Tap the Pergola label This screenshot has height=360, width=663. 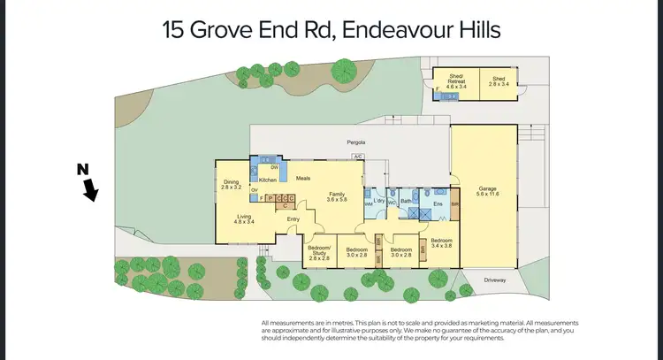click(x=355, y=142)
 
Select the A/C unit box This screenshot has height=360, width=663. click(x=358, y=157)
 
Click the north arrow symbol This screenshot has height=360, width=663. click(x=89, y=186)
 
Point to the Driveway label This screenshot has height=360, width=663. click(x=495, y=279)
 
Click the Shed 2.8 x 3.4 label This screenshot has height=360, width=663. click(x=499, y=82)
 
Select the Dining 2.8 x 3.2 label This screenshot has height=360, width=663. click(x=232, y=185)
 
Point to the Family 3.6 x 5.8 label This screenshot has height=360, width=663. click(x=337, y=196)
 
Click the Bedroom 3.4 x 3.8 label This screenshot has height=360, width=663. click(x=441, y=242)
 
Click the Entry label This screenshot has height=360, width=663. click(x=293, y=219)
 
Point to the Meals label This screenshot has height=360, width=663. click(x=303, y=177)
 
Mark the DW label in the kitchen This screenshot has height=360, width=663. click(x=274, y=167)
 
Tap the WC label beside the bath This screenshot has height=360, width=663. click(x=392, y=203)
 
